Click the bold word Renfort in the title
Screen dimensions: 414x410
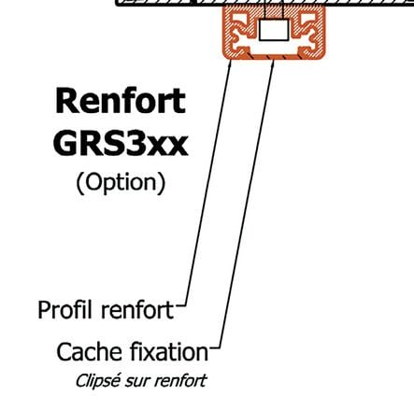(121, 101)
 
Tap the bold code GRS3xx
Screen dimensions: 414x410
(121, 143)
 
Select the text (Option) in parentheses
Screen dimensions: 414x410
(121, 183)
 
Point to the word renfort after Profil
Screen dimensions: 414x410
(137, 310)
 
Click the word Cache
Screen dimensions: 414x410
(89, 352)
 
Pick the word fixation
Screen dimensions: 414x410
(168, 352)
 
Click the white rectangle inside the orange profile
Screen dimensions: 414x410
(274, 30)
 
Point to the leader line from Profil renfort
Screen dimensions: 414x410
(208, 184)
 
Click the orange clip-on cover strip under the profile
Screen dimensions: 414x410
(274, 56)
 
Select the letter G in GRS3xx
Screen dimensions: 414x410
(65, 143)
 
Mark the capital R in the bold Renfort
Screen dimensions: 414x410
(65, 101)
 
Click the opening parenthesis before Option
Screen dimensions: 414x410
(79, 183)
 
